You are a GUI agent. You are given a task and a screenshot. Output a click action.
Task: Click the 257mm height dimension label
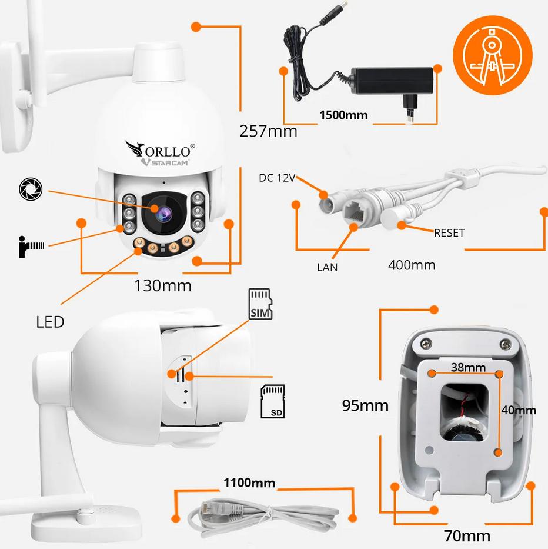point(268,131)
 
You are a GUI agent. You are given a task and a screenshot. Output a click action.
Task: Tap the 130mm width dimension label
point(163,287)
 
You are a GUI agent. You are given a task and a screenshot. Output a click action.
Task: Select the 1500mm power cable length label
point(343,115)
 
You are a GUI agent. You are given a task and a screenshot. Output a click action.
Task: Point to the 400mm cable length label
point(412,265)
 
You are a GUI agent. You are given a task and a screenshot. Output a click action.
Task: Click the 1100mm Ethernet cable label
point(249,483)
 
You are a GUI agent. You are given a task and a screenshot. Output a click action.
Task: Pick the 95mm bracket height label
point(365,405)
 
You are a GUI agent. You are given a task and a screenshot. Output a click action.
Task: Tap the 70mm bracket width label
point(468,535)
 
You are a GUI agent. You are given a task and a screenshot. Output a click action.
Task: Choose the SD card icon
point(272,402)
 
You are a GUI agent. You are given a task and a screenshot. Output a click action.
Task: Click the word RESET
point(449,233)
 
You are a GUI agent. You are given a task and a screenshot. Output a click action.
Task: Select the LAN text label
point(328,267)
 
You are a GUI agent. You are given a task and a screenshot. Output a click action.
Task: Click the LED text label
point(50,322)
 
